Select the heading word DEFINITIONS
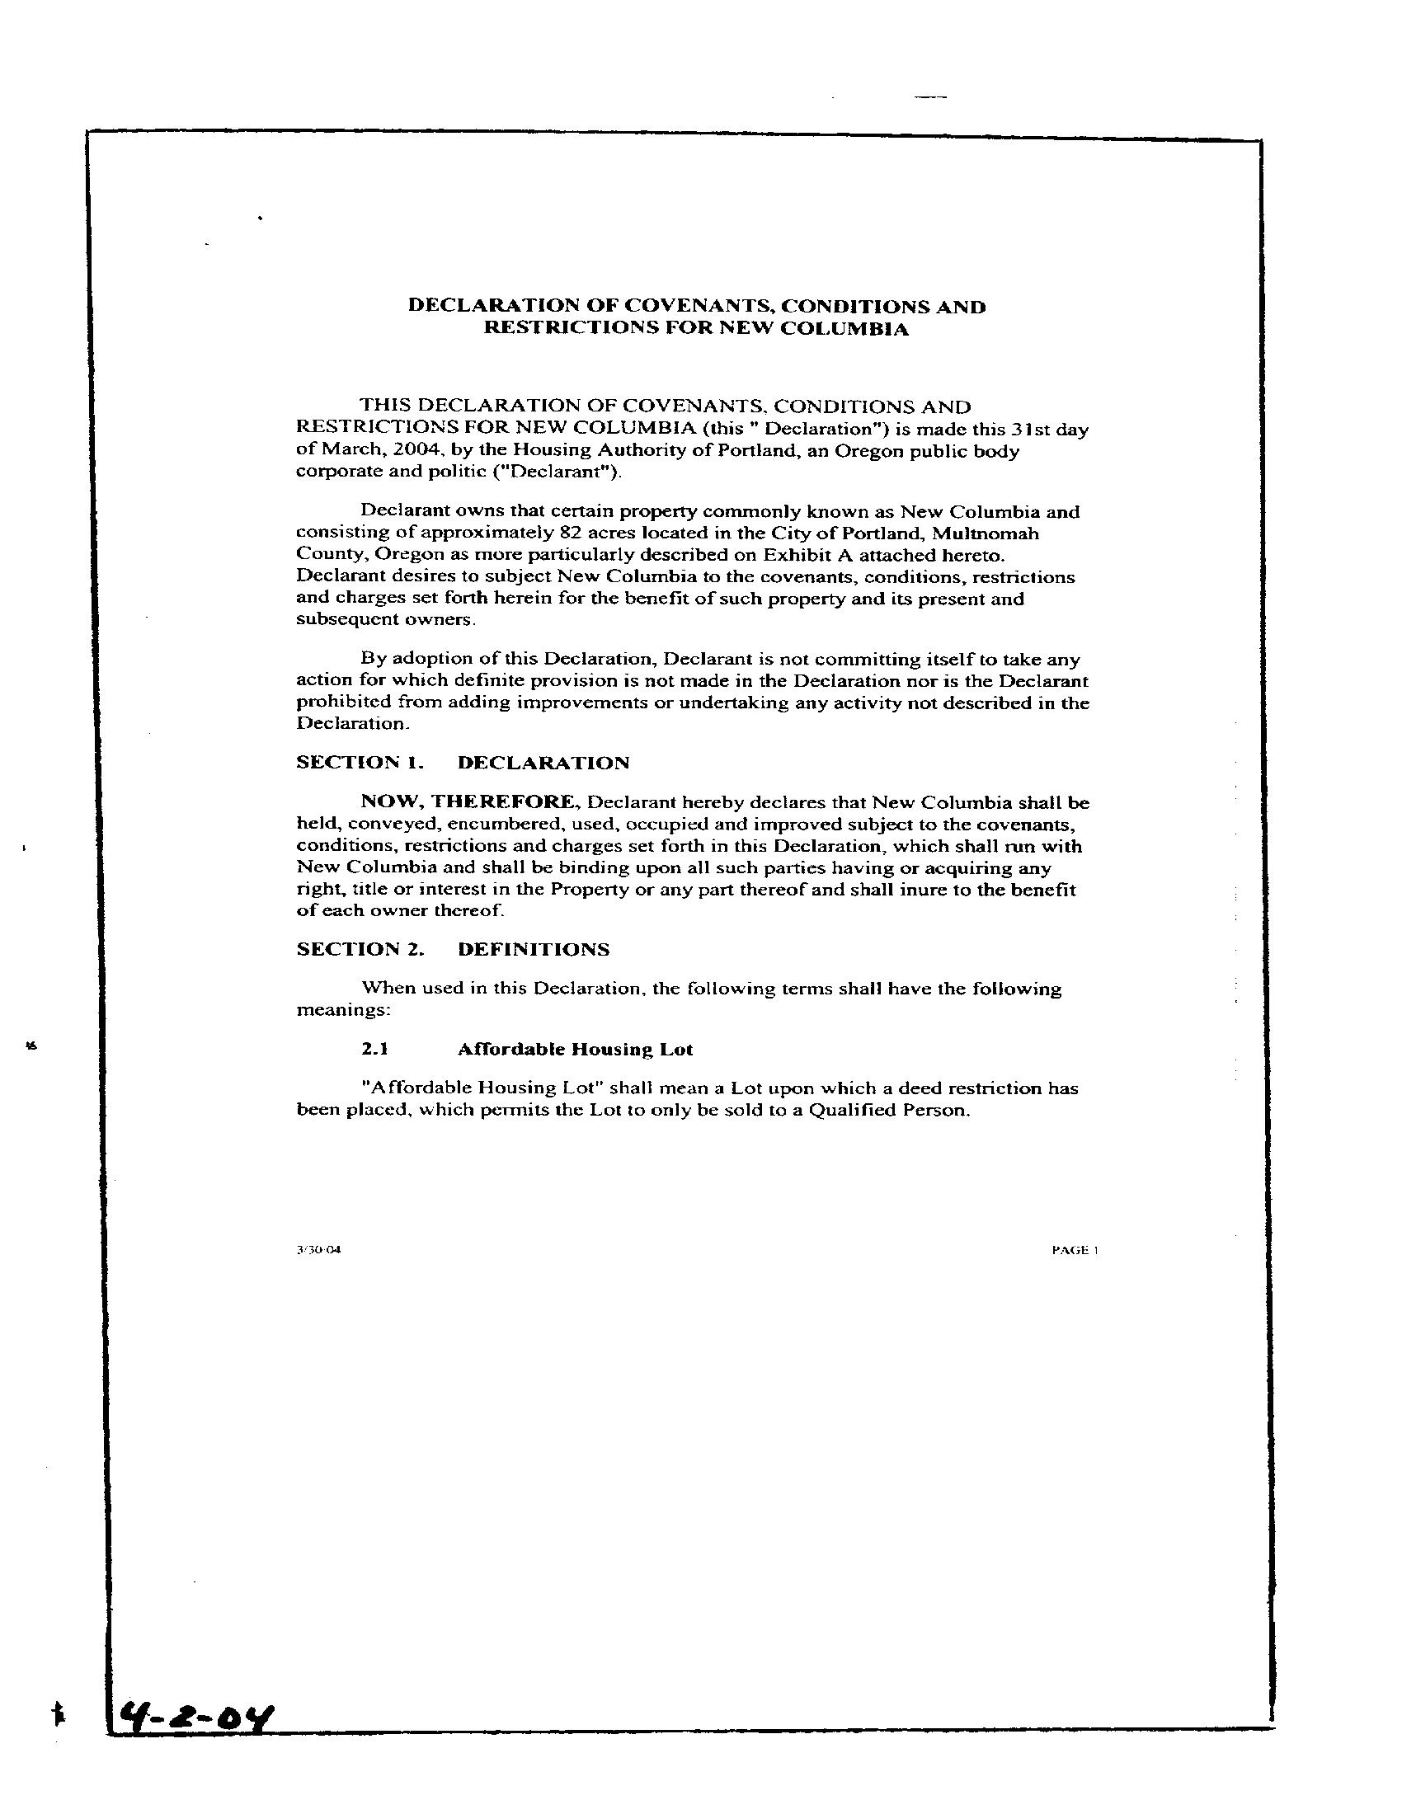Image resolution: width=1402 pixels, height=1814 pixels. [534, 949]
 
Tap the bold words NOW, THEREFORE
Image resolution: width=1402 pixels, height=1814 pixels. [468, 802]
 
